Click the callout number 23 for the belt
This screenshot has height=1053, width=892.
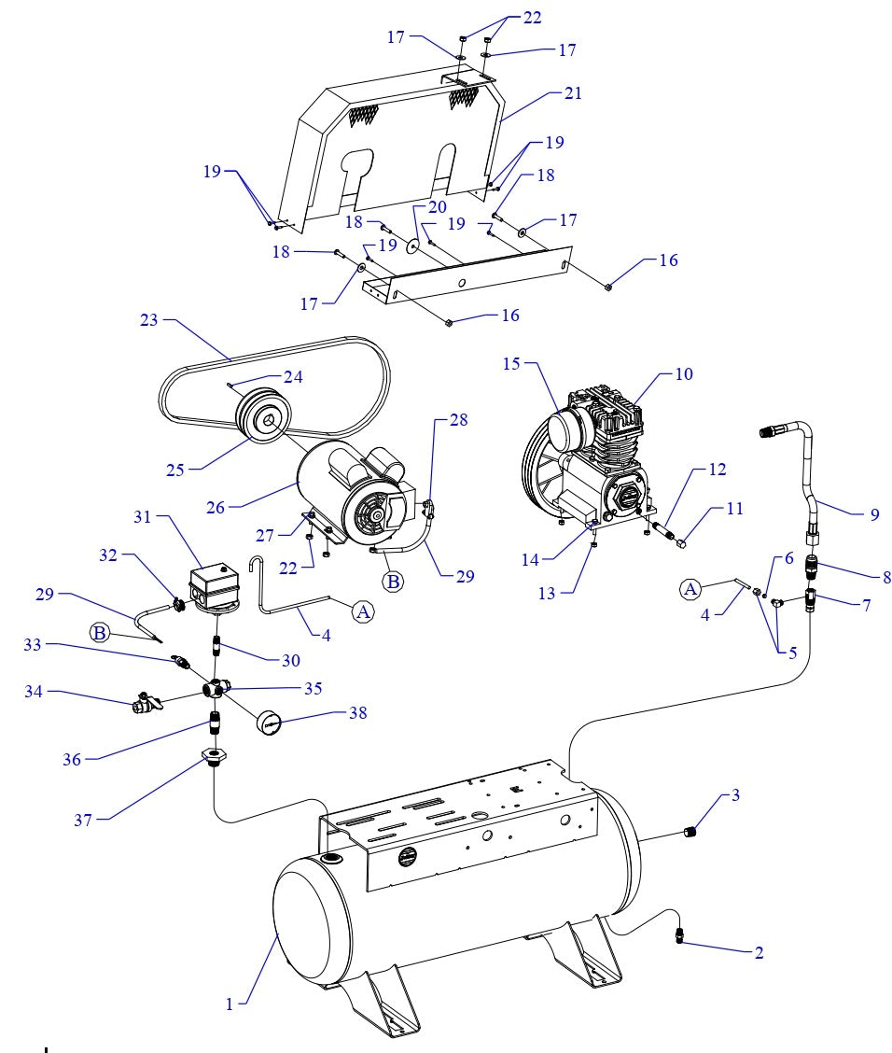pos(149,320)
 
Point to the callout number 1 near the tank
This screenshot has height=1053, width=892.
pos(229,1004)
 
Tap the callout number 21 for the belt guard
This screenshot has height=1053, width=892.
pos(573,93)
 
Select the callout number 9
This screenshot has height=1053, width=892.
pos(874,514)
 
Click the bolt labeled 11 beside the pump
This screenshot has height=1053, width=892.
pos(683,541)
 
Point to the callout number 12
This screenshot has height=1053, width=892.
pos(717,470)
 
